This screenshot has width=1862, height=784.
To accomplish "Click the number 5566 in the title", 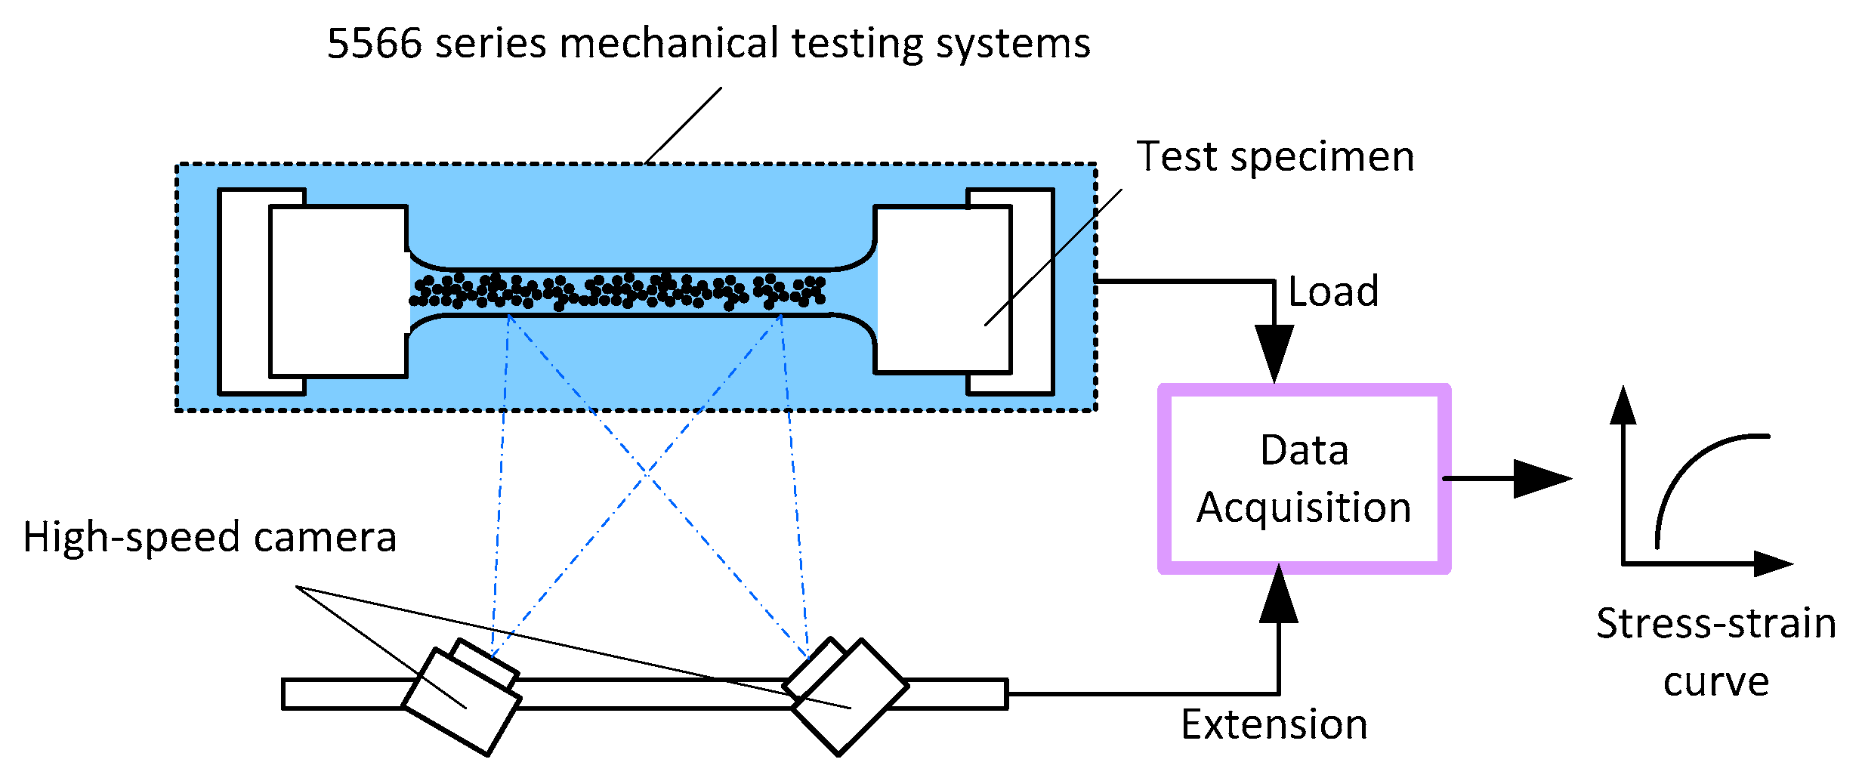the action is coord(374,43).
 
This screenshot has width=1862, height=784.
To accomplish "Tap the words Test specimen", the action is coord(1275,158).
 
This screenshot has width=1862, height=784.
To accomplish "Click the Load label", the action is coord(1333,291).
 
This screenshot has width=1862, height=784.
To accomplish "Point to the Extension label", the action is coord(1274,724).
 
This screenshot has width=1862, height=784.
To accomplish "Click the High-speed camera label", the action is coord(210,537).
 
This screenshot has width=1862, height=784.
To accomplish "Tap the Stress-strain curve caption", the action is coord(1716,653).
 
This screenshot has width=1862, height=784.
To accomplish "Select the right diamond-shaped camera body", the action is coord(850,696).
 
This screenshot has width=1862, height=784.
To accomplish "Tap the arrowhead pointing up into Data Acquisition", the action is coord(1279,592).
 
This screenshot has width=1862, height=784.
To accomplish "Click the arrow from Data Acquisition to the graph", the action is coord(1507,478).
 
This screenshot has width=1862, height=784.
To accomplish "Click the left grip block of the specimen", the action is coord(338,291).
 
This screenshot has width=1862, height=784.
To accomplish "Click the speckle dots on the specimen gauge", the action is coord(618,292).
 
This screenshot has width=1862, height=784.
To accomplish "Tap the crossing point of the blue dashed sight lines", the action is coord(647,472).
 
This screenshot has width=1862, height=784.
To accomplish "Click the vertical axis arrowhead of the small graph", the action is coord(1623,405).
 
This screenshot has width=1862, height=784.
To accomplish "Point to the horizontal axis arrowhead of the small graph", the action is coord(1773,563).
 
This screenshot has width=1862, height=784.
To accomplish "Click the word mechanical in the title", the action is coord(669,43).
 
